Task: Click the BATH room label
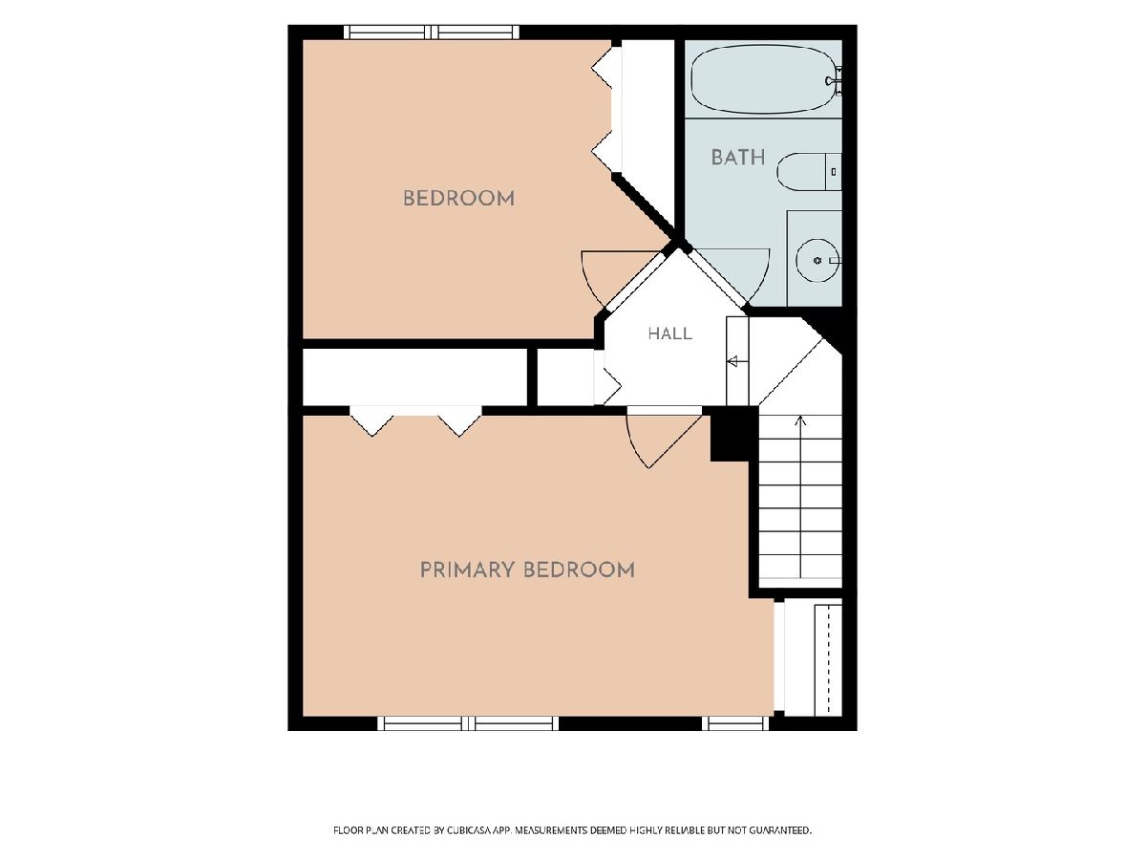click(737, 157)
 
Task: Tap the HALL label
click(669, 333)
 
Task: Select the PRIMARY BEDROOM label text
click(527, 570)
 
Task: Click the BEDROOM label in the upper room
click(459, 199)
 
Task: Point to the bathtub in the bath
click(763, 79)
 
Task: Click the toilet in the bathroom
click(809, 172)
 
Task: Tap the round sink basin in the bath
click(817, 260)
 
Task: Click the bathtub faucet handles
click(835, 80)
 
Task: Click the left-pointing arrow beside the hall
click(737, 361)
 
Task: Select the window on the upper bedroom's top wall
click(432, 32)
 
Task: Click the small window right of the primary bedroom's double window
click(735, 723)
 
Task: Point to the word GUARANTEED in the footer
click(780, 829)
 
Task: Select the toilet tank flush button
click(834, 172)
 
